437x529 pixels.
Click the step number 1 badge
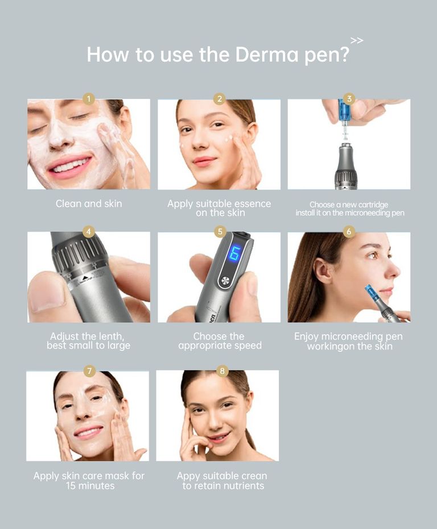point(88,99)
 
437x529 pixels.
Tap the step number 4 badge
point(88,232)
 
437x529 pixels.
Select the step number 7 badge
point(89,371)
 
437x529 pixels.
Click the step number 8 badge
point(222,371)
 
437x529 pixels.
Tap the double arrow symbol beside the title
point(357,40)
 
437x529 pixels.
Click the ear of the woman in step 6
point(324,271)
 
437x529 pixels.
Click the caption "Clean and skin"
point(89,203)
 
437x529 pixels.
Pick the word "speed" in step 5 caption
point(246,345)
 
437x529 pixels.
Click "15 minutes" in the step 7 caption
point(90,486)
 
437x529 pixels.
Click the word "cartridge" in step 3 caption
point(372,205)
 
